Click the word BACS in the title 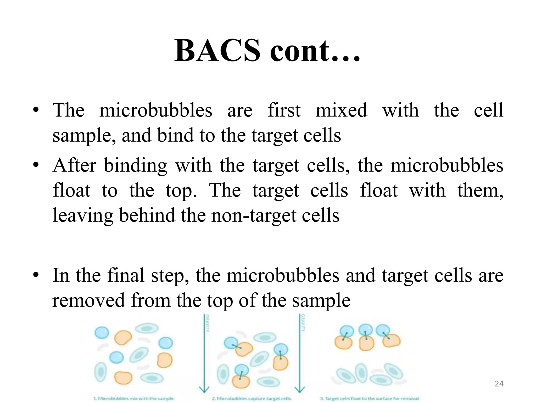click(x=217, y=51)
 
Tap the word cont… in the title click(x=315, y=51)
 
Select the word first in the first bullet click(x=284, y=110)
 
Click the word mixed click(x=341, y=110)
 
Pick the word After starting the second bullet click(x=75, y=165)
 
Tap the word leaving click(x=83, y=216)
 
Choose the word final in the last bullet click(x=126, y=275)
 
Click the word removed click(x=89, y=300)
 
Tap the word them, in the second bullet click(x=480, y=191)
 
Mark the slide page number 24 click(x=499, y=384)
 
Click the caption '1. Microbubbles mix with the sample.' click(x=134, y=399)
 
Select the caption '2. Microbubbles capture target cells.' click(x=252, y=399)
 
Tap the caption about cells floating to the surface click(x=370, y=399)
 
